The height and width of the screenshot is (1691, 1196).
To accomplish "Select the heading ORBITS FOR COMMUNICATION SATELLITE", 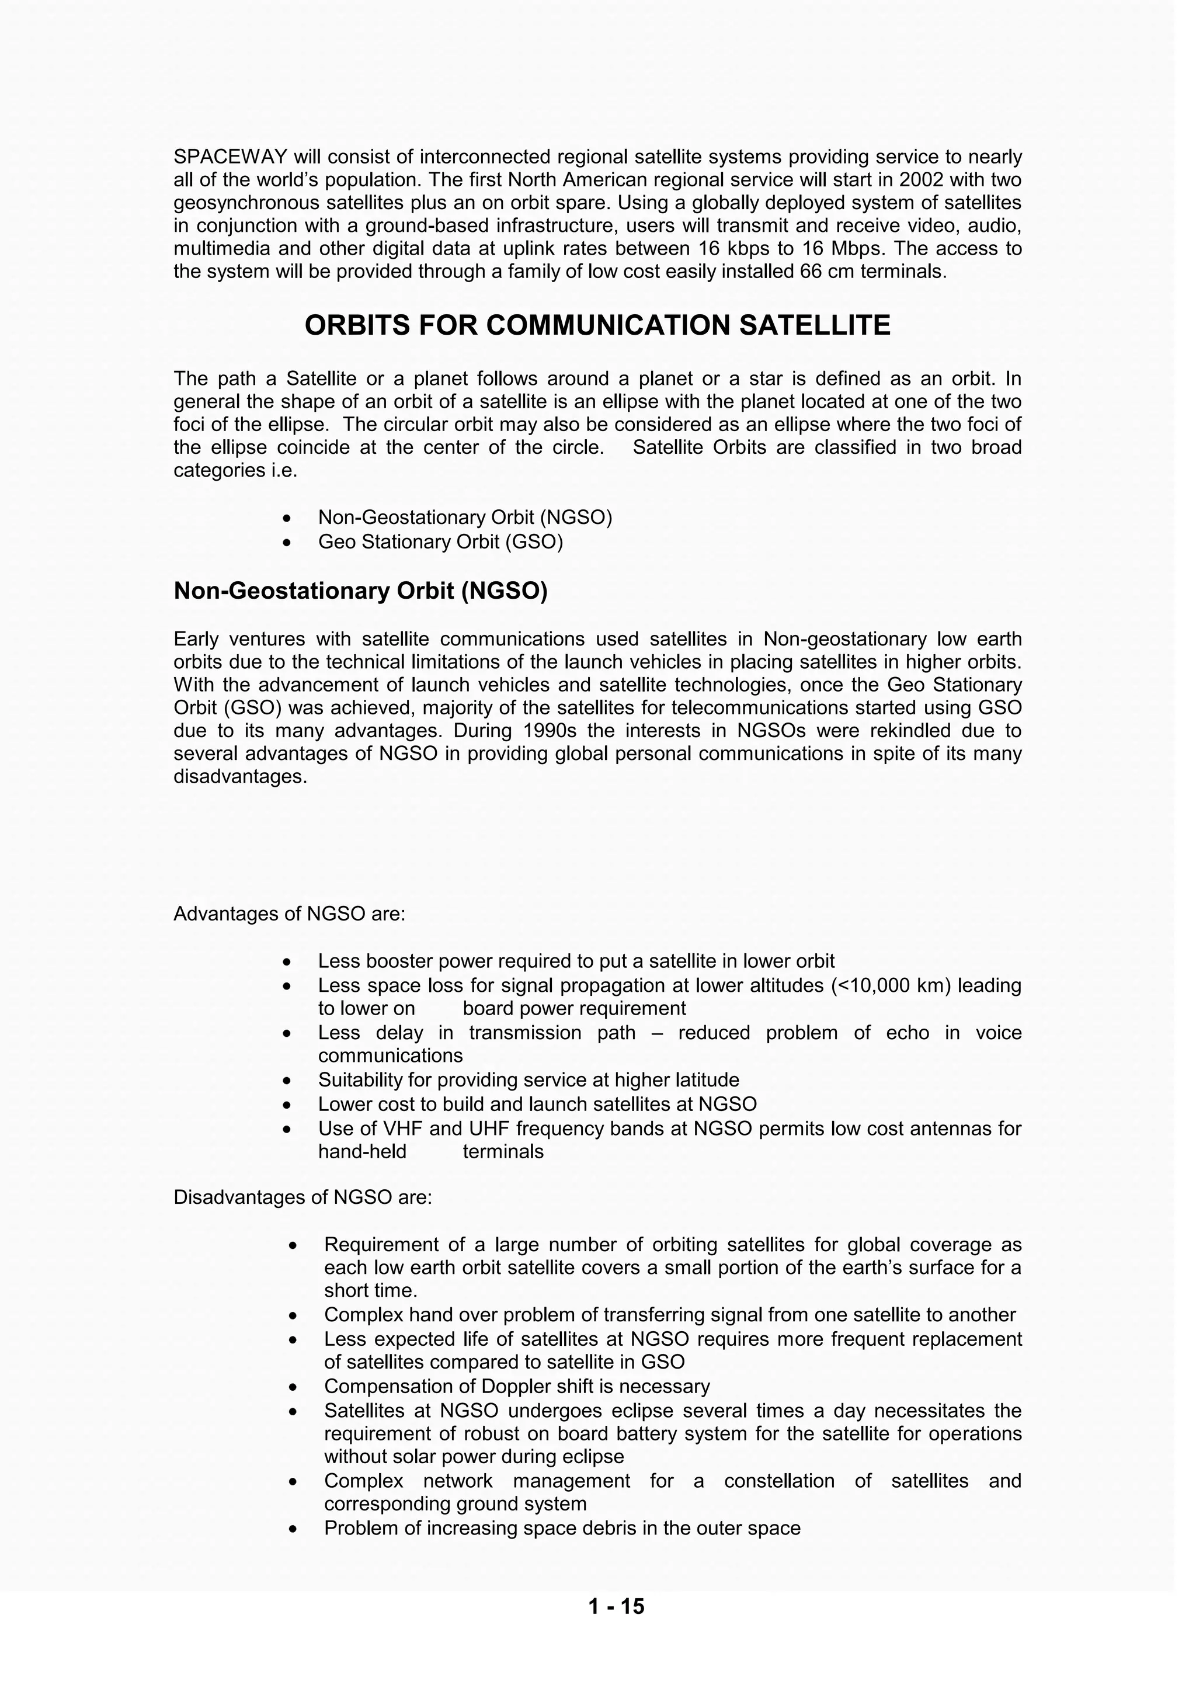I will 597,325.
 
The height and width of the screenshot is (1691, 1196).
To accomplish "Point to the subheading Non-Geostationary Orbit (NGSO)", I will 360,591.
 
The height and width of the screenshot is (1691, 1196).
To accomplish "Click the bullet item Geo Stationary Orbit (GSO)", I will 440,542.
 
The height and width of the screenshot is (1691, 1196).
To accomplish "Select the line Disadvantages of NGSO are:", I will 303,1197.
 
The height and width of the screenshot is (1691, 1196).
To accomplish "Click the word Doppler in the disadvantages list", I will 516,1387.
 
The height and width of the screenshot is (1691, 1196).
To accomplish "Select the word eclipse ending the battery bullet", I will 593,1457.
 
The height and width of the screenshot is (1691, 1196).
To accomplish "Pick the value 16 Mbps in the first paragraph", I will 843,249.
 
